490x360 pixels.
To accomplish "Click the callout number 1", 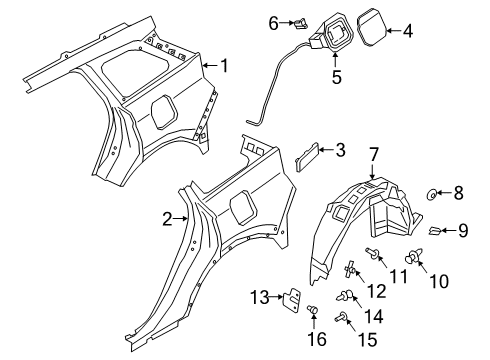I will coord(224,67).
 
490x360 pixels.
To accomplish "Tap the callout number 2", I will coord(169,218).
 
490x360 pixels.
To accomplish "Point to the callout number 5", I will coord(336,76).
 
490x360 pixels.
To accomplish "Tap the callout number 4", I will coord(407,33).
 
